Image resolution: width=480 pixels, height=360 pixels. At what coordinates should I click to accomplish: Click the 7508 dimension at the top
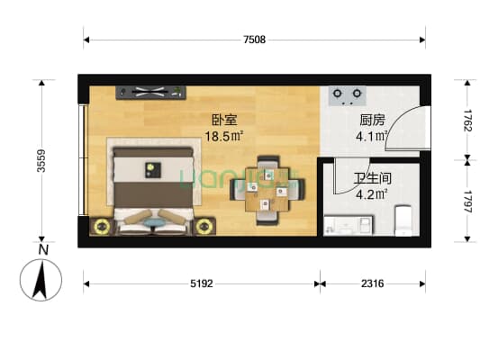[x=254, y=40]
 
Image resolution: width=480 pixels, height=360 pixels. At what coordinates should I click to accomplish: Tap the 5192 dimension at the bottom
[x=200, y=284]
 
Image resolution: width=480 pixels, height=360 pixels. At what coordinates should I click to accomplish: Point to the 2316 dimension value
[x=371, y=284]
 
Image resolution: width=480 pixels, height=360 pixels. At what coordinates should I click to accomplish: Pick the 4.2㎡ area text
[x=373, y=193]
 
